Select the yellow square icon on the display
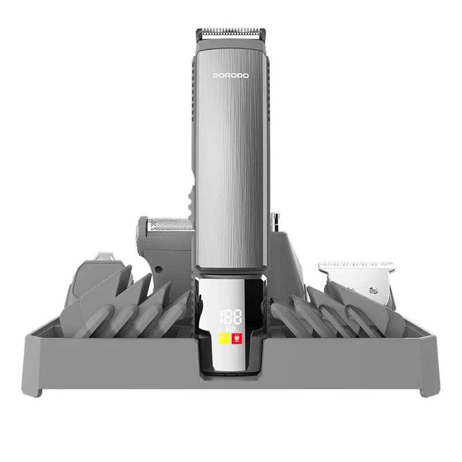click(225, 339)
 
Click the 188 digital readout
click(230, 317)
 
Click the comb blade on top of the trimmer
click(231, 33)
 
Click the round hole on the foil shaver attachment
click(158, 269)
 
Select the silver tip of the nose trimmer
click(275, 222)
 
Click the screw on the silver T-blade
click(374, 291)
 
